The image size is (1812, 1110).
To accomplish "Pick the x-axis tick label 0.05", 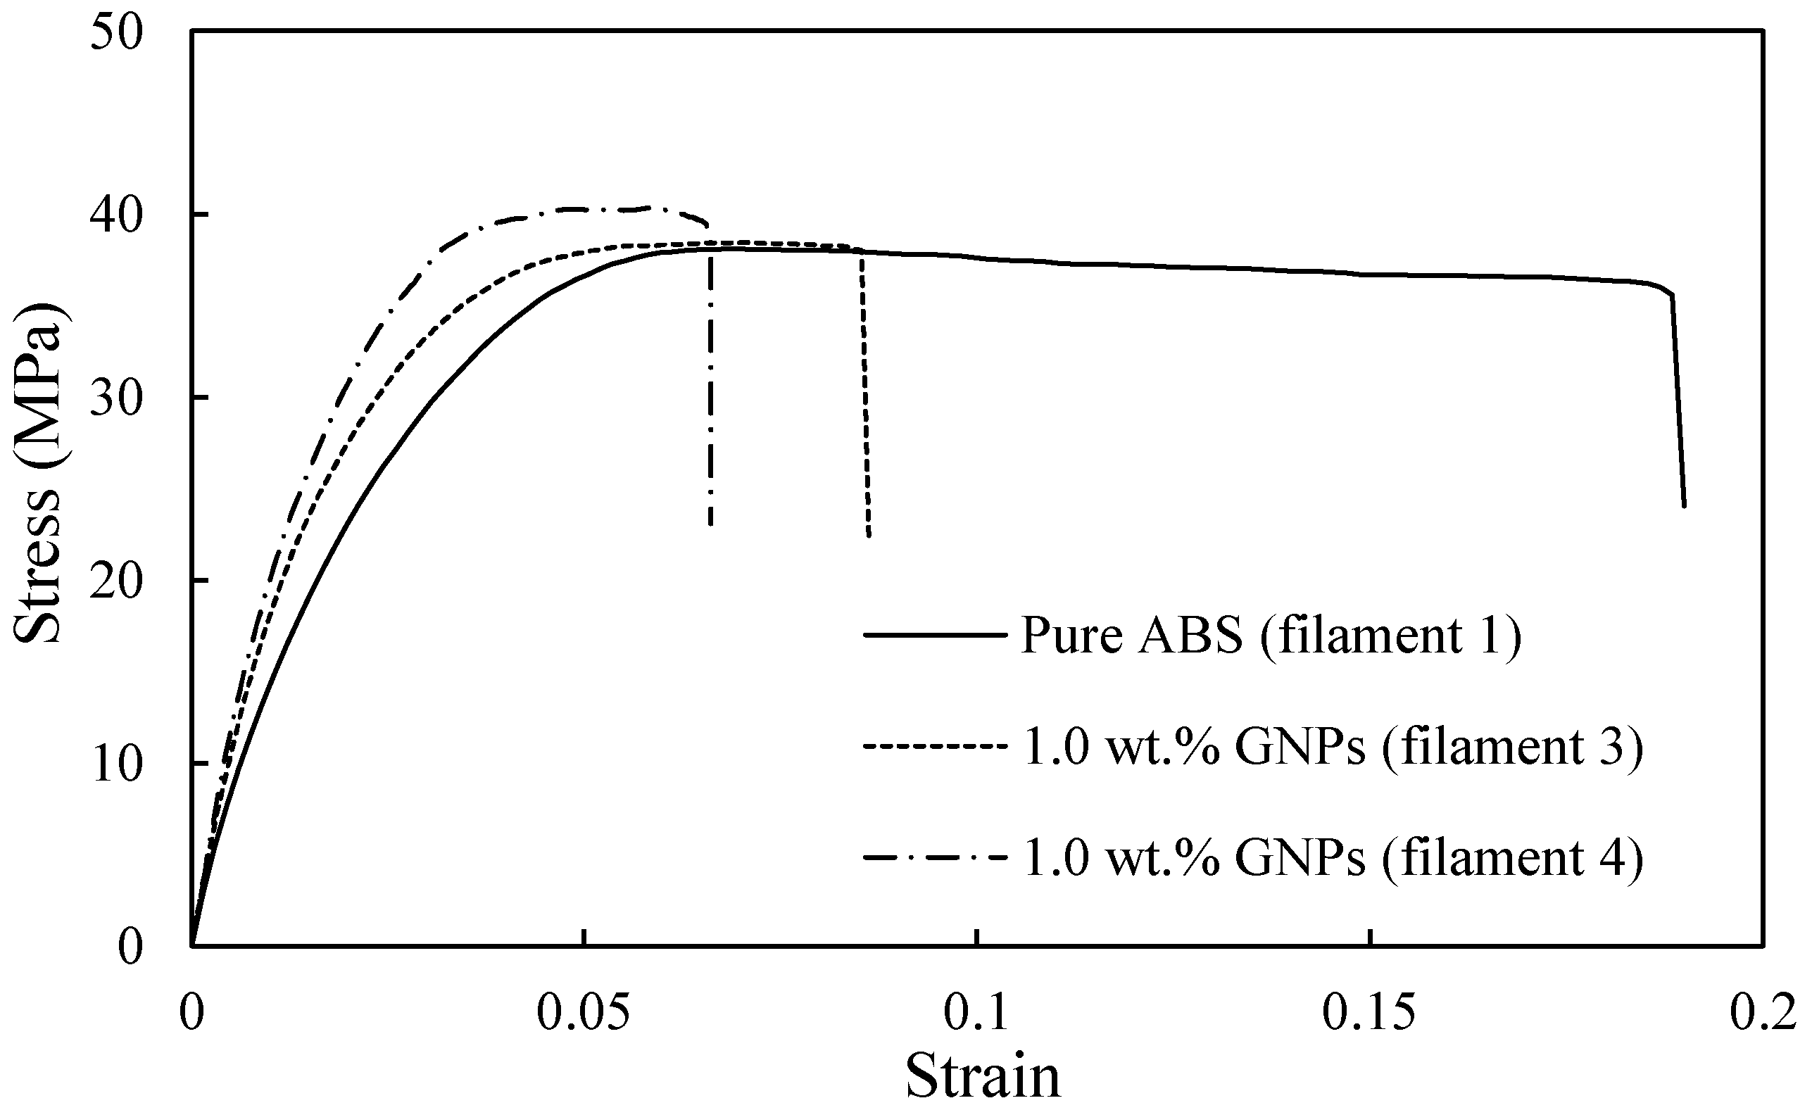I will tap(584, 1014).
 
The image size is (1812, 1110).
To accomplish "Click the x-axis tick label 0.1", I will tap(976, 1014).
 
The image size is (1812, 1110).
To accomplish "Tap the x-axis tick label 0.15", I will tap(1369, 1014).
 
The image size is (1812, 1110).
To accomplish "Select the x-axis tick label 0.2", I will tap(1762, 1014).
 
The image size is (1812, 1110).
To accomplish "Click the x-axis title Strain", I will tap(983, 1076).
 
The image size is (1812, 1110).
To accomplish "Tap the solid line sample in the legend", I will tap(934, 634).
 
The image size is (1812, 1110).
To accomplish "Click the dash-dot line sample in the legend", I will tap(934, 857).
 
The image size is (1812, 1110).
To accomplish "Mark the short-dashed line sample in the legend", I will tap(934, 746).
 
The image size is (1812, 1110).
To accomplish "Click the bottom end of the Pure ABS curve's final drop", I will tap(1684, 506).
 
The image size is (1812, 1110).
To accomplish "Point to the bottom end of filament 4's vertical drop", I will tap(710, 524).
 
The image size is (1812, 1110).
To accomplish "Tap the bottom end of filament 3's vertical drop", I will tap(869, 536).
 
